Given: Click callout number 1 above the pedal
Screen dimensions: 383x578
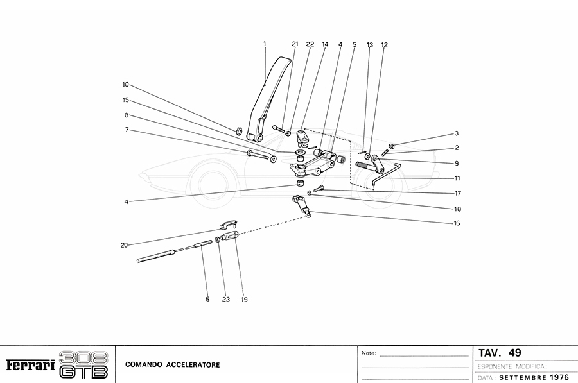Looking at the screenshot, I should (264, 44).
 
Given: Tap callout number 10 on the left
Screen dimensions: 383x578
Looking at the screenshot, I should (126, 84).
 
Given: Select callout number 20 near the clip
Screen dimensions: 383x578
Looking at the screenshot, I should (123, 245).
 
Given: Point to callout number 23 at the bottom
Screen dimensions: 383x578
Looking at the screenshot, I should (225, 299).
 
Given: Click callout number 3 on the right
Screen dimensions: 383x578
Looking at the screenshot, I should (456, 133).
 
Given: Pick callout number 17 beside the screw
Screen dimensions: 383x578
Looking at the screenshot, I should (459, 192).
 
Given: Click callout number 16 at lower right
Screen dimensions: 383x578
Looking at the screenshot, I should (457, 223).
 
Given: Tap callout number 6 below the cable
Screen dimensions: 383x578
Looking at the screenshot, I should (207, 299).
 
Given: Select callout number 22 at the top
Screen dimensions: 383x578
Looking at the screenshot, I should (310, 44).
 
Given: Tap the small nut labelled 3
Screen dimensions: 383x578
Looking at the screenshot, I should (391, 145).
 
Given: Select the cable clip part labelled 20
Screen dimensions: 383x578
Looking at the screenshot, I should (227, 225).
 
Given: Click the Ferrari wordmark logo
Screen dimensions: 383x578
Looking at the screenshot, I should (30, 365).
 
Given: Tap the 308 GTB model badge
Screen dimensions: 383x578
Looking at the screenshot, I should (83, 364).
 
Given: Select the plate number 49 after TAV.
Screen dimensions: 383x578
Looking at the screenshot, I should (514, 353).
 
